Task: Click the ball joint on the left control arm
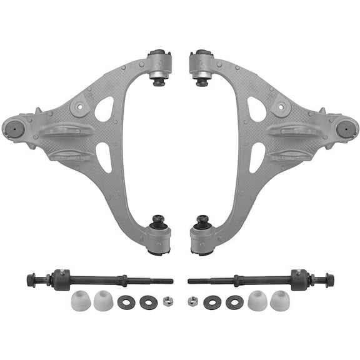14,129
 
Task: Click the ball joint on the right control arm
344,129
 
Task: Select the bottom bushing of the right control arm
202,238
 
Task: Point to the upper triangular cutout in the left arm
104,109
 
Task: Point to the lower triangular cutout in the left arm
104,156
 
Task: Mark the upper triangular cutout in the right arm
256,109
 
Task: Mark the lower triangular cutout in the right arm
256,156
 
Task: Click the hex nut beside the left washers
167,301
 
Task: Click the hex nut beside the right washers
193,301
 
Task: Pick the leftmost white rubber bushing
80,302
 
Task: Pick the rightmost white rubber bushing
281,302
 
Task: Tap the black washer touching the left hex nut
149,302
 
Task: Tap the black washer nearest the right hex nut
212,302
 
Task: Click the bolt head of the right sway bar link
329,279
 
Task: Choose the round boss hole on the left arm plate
77,107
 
